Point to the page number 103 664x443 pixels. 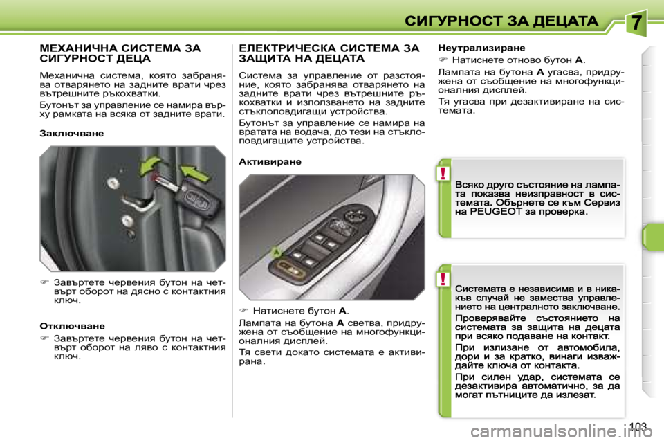[640, 426]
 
